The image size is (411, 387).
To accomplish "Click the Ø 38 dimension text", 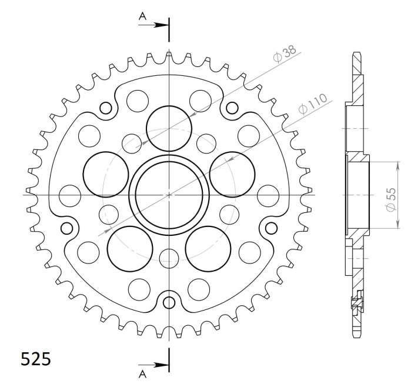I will click(285, 55).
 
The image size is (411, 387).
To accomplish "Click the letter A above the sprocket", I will click(142, 17).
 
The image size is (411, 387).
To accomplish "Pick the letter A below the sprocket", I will click(142, 373).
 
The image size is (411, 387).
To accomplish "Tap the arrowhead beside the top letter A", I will click(164, 25).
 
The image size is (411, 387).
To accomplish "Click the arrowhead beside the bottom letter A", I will click(164, 365).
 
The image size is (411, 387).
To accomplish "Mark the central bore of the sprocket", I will click(169, 193).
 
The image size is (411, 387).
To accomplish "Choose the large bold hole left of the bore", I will click(106, 174).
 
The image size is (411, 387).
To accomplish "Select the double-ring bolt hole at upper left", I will click(106, 108).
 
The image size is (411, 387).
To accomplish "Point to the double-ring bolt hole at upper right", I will click(232, 108).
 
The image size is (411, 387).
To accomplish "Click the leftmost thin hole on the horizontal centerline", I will click(71, 193).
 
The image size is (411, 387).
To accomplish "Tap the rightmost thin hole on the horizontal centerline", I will click(268, 193).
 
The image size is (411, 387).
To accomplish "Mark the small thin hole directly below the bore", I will click(169, 257).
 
